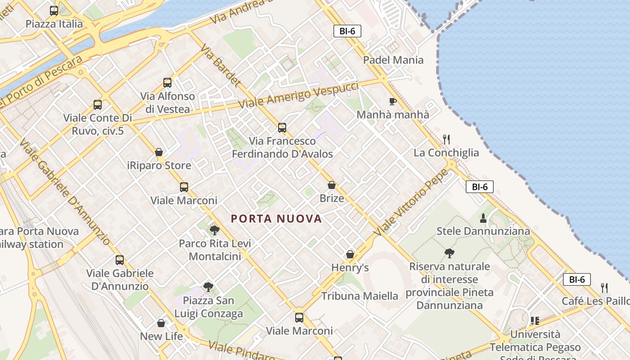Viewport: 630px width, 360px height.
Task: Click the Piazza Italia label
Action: click(x=54, y=24)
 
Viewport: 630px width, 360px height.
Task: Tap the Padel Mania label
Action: click(x=393, y=60)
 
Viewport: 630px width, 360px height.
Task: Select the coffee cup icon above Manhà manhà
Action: click(x=392, y=101)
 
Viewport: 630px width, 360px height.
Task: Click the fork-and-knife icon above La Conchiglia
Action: click(x=446, y=139)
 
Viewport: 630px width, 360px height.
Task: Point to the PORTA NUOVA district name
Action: click(x=276, y=219)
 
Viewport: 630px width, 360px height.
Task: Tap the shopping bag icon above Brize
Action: click(x=332, y=185)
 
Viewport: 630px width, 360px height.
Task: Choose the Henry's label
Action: click(x=350, y=268)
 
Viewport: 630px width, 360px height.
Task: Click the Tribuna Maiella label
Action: click(x=360, y=296)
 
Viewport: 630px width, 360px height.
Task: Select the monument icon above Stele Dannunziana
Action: click(x=483, y=218)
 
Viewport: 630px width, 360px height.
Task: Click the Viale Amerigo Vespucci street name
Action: click(x=298, y=95)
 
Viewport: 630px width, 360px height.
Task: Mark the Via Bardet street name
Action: click(x=220, y=65)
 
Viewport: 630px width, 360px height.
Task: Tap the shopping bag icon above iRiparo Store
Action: click(x=159, y=152)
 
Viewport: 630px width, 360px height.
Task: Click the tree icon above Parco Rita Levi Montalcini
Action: click(x=215, y=230)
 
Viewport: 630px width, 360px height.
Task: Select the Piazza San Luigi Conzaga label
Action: click(x=209, y=307)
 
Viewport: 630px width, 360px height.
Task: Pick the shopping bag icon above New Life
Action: click(x=161, y=323)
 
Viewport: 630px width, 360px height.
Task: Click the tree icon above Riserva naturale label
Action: click(x=449, y=253)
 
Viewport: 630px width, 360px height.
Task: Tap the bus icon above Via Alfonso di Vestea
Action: click(x=167, y=83)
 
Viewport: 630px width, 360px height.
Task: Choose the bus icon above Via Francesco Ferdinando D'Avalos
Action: click(x=282, y=128)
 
